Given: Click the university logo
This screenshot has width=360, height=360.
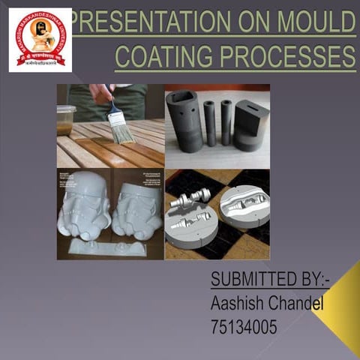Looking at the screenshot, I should [40, 39].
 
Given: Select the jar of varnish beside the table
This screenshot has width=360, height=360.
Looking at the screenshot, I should [66, 120].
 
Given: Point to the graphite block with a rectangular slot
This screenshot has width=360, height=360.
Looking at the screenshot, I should [251, 124].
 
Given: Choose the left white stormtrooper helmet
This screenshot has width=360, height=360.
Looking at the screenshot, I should [84, 204].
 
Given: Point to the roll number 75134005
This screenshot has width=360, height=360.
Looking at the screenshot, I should [245, 327].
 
